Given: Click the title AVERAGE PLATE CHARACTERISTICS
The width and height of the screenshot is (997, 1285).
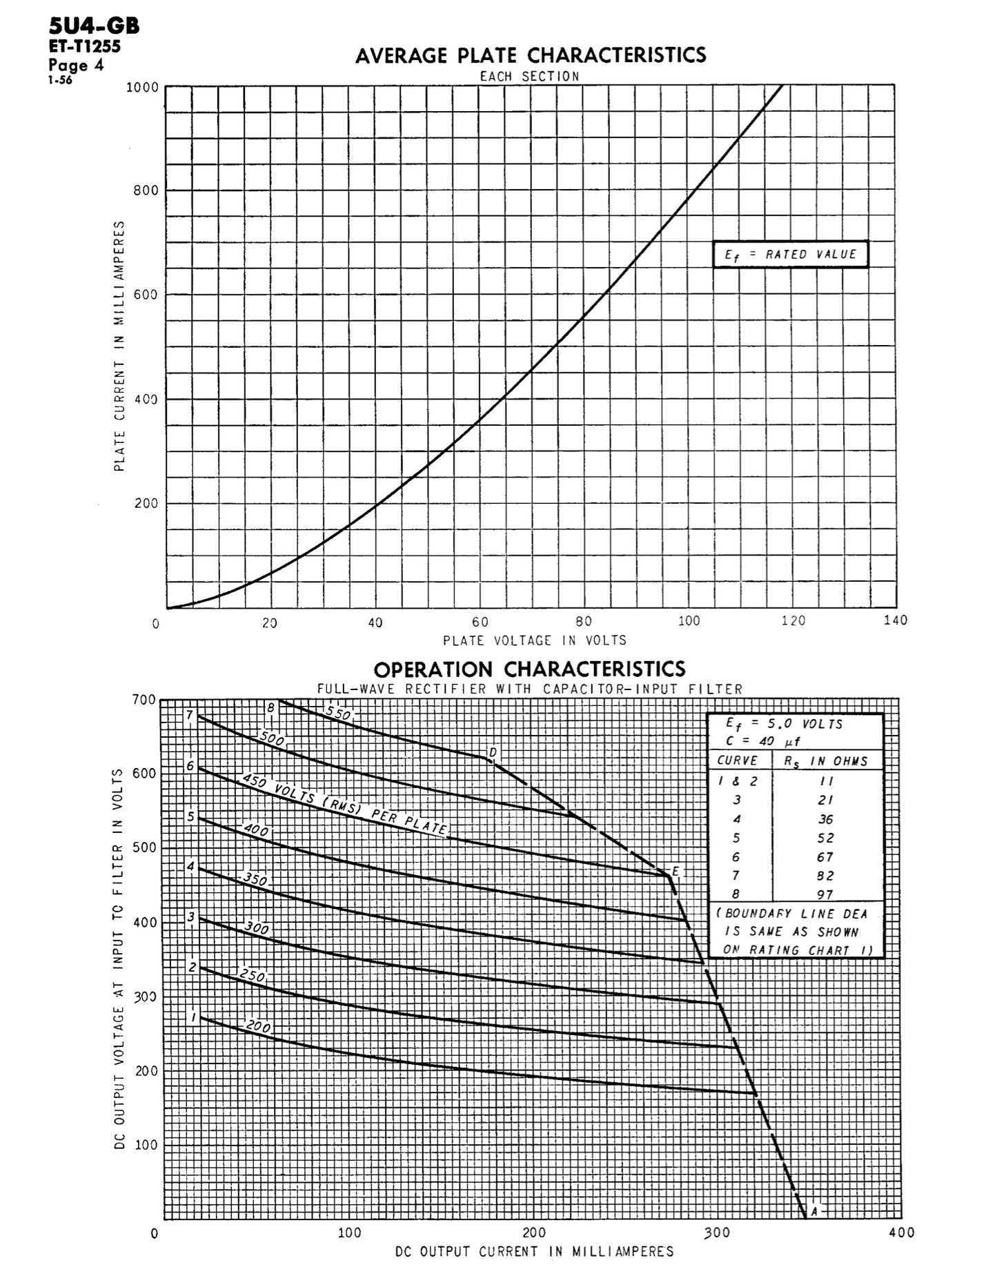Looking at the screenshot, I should click(x=531, y=55).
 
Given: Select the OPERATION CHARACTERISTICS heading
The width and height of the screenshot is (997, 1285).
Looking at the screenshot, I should click(x=529, y=669).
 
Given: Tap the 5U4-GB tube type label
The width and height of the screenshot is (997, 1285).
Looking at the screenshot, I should click(x=94, y=26).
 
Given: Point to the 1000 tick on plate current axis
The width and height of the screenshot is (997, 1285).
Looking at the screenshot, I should click(x=142, y=88).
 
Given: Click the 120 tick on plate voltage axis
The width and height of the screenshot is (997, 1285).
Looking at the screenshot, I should click(x=793, y=621).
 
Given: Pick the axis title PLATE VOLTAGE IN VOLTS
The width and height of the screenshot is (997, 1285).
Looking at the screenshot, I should click(x=535, y=640).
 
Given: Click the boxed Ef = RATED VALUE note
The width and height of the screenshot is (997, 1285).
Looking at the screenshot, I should click(x=790, y=255).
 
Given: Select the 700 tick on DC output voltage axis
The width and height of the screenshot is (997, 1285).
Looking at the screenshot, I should click(x=144, y=700).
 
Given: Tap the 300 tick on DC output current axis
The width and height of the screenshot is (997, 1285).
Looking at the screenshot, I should click(x=718, y=1233).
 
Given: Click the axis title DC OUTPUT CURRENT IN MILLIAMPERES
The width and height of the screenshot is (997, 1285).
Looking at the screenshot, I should click(x=535, y=1251).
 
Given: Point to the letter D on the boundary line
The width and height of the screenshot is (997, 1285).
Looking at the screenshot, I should click(x=493, y=752).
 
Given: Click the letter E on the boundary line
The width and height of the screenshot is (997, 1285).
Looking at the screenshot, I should click(x=675, y=872).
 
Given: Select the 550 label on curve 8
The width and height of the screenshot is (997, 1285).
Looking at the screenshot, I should click(x=338, y=714).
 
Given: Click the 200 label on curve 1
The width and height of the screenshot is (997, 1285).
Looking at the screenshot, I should click(x=258, y=1027).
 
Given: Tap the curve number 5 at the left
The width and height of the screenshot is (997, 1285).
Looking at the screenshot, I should click(x=191, y=816).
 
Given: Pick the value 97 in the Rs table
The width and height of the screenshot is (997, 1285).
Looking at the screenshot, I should click(x=825, y=895).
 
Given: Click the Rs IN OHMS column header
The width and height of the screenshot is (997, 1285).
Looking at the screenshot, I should click(x=826, y=761).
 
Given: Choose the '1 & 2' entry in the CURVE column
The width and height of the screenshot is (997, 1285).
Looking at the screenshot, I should click(x=737, y=781).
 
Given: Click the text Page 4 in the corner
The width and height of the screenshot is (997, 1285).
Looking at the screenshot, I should click(x=76, y=66).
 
